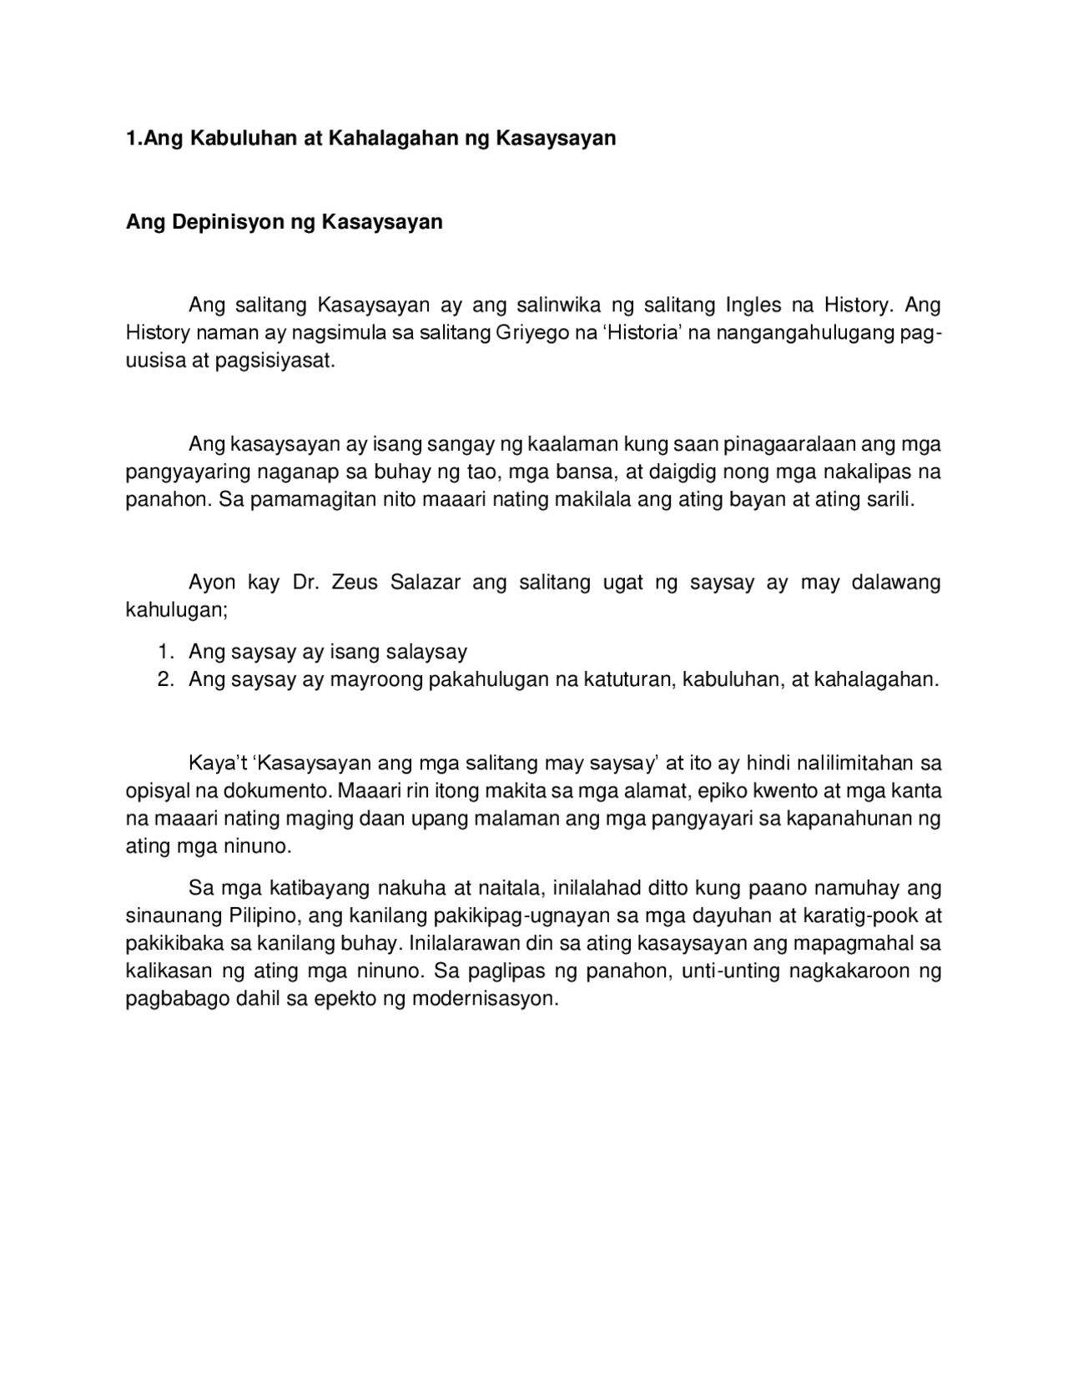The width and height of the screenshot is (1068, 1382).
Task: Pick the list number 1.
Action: pyautogui.click(x=164, y=652)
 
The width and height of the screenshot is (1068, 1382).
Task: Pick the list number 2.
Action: pyautogui.click(x=164, y=679)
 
